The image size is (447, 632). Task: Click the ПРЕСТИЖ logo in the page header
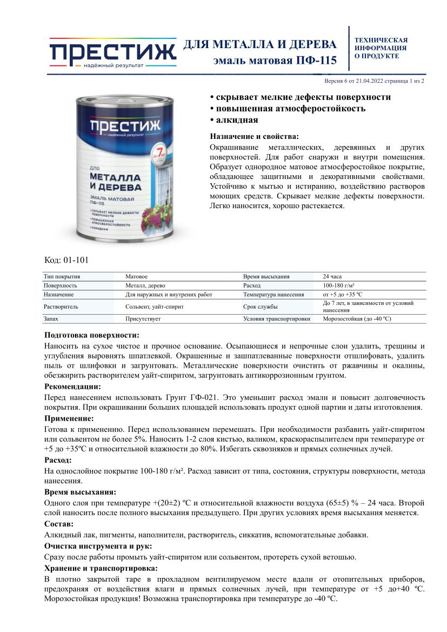[112, 52]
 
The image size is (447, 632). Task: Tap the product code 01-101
[66, 260]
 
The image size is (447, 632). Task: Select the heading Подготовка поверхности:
[91, 335]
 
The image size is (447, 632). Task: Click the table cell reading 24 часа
[332, 276]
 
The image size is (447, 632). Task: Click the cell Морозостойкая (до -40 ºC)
[357, 319]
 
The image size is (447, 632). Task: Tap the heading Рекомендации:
[72, 387]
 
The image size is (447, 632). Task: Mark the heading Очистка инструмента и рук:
[98, 546]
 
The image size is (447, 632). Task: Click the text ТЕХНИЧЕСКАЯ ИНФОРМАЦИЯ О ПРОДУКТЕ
[381, 48]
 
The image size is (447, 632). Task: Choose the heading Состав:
[59, 524]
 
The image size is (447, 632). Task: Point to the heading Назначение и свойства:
[254, 137]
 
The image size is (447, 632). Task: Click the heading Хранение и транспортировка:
[101, 568]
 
